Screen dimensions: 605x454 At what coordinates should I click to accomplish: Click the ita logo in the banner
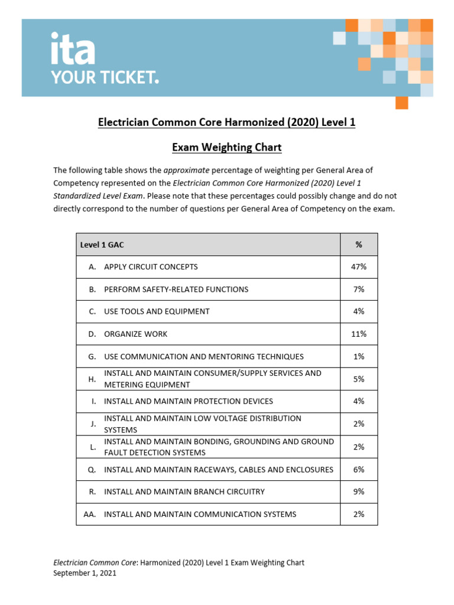coord(72,49)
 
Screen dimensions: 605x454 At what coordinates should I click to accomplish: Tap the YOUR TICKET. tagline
coord(105,78)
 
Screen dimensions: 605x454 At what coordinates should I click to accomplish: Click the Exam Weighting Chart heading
coord(226,147)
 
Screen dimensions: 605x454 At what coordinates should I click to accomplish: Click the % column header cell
coord(358,245)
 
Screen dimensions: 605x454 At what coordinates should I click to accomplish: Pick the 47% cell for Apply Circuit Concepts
coord(358,267)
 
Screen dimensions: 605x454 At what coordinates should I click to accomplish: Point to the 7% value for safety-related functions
coord(358,290)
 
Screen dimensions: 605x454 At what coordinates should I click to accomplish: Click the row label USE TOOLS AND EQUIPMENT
coord(157,311)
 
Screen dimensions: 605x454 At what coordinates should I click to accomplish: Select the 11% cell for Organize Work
coord(358,334)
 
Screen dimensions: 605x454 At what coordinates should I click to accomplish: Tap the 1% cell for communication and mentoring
coord(358,357)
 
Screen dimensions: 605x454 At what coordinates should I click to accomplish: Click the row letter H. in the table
coord(92,379)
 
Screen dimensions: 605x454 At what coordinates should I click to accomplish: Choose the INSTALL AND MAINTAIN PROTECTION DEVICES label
coord(189,401)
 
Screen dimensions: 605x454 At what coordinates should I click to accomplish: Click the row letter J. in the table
coord(93,424)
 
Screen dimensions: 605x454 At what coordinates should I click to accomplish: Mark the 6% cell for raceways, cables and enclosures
coord(358,470)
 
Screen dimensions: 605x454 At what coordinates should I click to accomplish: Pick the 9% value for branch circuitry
coord(358,492)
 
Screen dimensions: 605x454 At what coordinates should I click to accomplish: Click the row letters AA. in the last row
coord(90,515)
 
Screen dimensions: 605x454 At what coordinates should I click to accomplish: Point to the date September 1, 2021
coord(85,573)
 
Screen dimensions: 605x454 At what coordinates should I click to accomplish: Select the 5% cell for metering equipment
coord(358,379)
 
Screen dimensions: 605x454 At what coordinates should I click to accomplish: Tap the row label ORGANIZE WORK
coord(135,334)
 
